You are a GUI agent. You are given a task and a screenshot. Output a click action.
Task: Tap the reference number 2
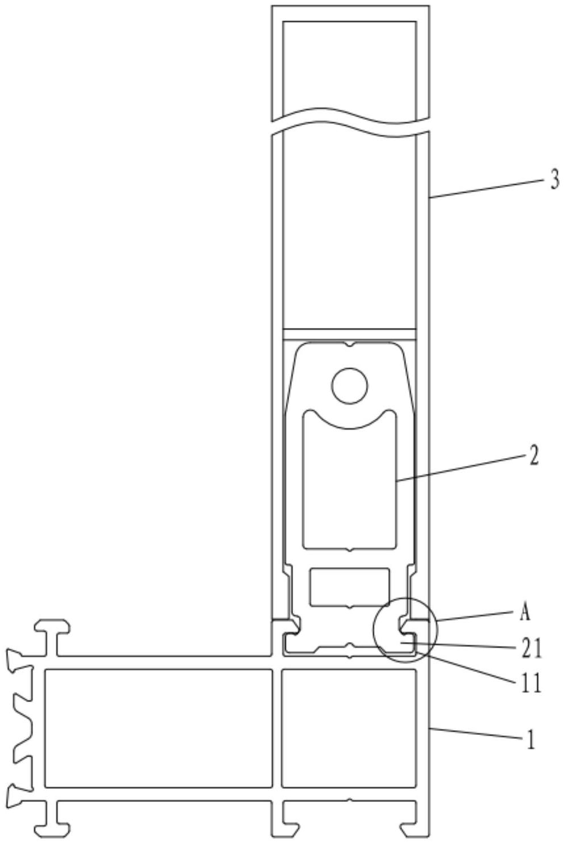point(533,456)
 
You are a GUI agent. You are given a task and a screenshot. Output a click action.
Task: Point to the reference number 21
point(531,648)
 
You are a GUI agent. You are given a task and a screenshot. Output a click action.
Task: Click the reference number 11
point(531,684)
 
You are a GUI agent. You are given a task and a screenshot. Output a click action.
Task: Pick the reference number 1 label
point(530,741)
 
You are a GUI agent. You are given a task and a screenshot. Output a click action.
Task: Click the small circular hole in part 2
point(349,386)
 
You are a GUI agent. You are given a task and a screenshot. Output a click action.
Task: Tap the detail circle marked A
point(404,630)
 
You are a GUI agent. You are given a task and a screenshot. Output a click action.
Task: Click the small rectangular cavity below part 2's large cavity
point(349,587)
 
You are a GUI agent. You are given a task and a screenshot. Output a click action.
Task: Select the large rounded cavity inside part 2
point(349,489)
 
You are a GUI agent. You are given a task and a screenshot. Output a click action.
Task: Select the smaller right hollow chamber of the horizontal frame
point(349,728)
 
